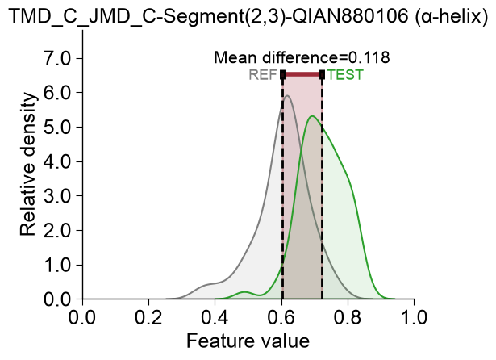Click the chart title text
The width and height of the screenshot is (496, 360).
pyautogui.click(x=248, y=15)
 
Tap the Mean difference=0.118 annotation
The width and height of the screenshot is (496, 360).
pyautogui.click(x=302, y=57)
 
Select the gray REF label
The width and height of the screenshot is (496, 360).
pyautogui.click(x=263, y=75)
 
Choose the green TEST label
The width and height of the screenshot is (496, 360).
pyautogui.click(x=345, y=75)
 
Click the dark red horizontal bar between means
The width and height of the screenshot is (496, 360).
pyautogui.click(x=302, y=75)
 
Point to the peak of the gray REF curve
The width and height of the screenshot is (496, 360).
pyautogui.click(x=287, y=95)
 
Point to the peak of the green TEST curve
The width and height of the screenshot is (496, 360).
pyautogui.click(x=313, y=116)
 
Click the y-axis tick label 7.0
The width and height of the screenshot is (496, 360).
pyautogui.click(x=59, y=58)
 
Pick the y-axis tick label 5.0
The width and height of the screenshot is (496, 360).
pyautogui.click(x=59, y=127)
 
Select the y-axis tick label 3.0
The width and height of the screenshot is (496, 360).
pyautogui.click(x=59, y=196)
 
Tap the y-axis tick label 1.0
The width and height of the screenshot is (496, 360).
pyautogui.click(x=59, y=265)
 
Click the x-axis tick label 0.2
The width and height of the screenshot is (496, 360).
pyautogui.click(x=148, y=317)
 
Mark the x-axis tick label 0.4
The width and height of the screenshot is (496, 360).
pyautogui.click(x=215, y=317)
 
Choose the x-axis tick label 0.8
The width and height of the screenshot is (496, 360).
pyautogui.click(x=348, y=317)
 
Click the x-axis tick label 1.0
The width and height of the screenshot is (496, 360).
pyautogui.click(x=414, y=317)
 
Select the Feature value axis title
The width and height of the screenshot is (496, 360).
pyautogui.click(x=248, y=341)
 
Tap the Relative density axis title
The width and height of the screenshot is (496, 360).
pyautogui.click(x=28, y=165)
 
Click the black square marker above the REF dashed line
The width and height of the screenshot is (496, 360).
pyautogui.click(x=283, y=75)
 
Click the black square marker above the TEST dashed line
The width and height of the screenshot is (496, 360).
pyautogui.click(x=322, y=75)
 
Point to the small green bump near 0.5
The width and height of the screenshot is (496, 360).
pyautogui.click(x=245, y=292)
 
